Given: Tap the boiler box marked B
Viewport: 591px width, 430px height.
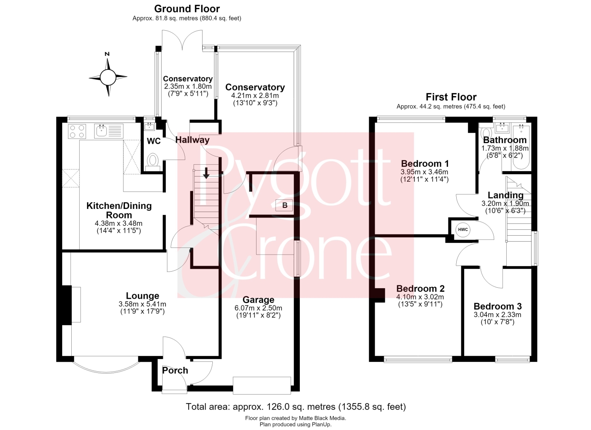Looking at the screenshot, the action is pos(284,205).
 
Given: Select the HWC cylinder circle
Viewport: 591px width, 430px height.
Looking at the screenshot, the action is pos(463,229).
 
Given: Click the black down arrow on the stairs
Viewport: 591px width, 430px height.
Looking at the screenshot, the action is pos(206,173).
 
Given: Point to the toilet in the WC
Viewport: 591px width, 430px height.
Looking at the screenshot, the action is pos(152,162).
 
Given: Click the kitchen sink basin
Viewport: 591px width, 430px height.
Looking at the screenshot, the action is pos(102,131).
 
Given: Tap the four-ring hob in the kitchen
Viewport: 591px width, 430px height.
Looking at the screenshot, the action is pos(77,131).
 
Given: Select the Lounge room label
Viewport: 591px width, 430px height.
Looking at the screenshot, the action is pos(143,296).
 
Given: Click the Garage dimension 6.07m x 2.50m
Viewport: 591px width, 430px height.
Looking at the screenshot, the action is pos(258,308).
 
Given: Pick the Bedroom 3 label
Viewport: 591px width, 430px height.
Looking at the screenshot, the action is pos(498,306).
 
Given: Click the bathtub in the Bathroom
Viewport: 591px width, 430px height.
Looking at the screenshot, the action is pos(520,147).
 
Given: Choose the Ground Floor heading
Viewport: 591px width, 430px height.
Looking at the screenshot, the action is pos(187,9).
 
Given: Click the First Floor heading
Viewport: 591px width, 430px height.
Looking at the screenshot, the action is pos(451,97).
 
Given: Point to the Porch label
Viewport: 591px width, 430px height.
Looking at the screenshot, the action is pos(175,370).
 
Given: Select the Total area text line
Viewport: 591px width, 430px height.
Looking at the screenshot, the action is pos(296,407).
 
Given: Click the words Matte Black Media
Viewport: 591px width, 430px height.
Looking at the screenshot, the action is pos(322,418).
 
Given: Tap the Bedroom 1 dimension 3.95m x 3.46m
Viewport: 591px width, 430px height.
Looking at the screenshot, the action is pos(424,172).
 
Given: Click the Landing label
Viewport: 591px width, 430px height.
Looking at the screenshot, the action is pos(505,195).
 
